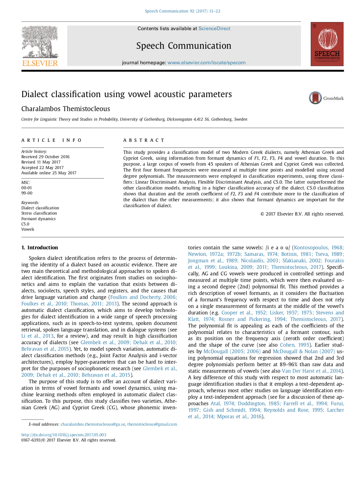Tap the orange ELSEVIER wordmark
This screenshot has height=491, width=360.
(40, 63)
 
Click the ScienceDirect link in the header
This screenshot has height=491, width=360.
(214, 29)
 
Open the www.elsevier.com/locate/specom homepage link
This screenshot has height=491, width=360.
(206, 63)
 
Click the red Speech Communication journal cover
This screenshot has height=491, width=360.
(327, 44)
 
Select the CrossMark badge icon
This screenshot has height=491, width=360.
(315, 98)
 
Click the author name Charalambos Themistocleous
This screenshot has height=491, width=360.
(66, 109)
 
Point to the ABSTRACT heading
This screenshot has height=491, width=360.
(144, 140)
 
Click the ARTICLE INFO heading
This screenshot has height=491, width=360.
(51, 140)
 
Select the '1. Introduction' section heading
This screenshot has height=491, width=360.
(40, 247)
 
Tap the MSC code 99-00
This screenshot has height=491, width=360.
(27, 193)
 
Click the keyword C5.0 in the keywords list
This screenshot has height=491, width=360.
(25, 224)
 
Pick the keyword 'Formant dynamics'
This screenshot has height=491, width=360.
(38, 219)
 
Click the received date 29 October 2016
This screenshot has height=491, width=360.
(54, 157)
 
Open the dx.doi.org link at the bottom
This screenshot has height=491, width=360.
(64, 435)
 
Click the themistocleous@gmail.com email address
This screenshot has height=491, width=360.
(152, 424)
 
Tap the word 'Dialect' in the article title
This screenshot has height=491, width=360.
(34, 94)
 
